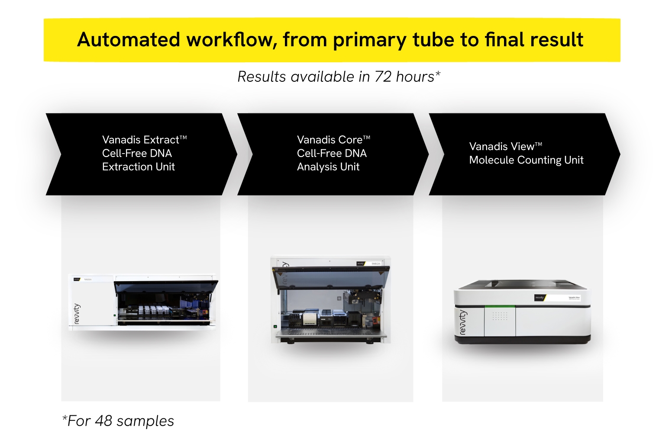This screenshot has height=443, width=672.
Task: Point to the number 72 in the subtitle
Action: (x=383, y=77)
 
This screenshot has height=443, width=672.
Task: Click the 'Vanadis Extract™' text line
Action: (x=144, y=140)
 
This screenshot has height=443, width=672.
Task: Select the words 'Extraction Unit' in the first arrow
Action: (x=138, y=167)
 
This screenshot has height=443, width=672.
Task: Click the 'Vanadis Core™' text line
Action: (x=333, y=140)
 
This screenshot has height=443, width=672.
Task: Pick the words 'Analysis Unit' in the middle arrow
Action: (x=328, y=167)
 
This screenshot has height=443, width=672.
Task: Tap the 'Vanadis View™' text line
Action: (x=505, y=146)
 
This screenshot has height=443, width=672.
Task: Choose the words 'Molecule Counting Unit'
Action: (x=526, y=160)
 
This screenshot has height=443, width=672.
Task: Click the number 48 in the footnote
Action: (x=103, y=421)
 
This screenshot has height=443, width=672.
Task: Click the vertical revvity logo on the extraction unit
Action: (x=77, y=314)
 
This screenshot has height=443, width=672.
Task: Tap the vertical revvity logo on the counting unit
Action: (x=462, y=322)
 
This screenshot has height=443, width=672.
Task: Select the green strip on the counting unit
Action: (x=500, y=306)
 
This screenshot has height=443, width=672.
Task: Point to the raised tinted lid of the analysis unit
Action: (x=331, y=277)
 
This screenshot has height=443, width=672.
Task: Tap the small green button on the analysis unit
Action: (x=275, y=327)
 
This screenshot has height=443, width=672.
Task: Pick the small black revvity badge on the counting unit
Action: (x=540, y=298)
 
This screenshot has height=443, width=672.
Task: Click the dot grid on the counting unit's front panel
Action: (x=500, y=316)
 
